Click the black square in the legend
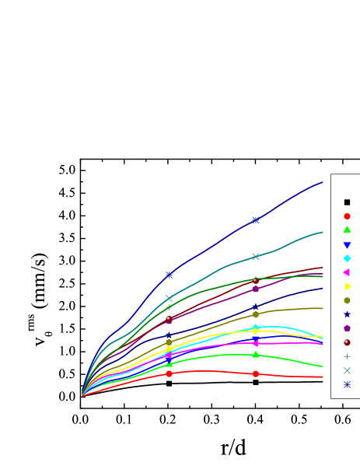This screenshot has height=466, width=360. pyautogui.click(x=347, y=202)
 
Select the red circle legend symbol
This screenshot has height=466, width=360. pyautogui.click(x=347, y=216)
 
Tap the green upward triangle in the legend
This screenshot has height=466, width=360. pyautogui.click(x=347, y=230)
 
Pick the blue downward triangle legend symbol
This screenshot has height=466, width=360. pyautogui.click(x=347, y=245)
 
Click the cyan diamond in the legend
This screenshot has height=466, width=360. pyautogui.click(x=347, y=258)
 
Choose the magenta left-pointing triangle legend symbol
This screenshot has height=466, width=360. pyautogui.click(x=347, y=272)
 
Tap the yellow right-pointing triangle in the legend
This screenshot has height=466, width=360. pyautogui.click(x=347, y=286)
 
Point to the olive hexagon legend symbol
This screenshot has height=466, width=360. pyautogui.click(x=347, y=300)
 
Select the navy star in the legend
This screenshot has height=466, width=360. pyautogui.click(x=347, y=314)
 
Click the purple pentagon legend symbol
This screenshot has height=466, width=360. pyautogui.click(x=347, y=328)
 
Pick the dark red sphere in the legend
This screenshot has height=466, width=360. pyautogui.click(x=347, y=342)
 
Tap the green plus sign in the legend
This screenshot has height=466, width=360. pyautogui.click(x=347, y=356)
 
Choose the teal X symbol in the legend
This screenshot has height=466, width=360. pyautogui.click(x=347, y=370)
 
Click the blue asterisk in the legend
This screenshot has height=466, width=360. pyautogui.click(x=347, y=384)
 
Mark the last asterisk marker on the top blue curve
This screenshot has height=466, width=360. pyautogui.click(x=255, y=220)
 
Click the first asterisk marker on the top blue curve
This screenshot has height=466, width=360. pyautogui.click(x=169, y=275)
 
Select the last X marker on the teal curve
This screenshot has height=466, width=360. pyautogui.click(x=255, y=256)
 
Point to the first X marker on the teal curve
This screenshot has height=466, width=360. pyautogui.click(x=169, y=298)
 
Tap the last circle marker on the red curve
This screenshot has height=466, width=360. pyautogui.click(x=255, y=374)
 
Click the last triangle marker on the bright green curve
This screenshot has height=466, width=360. pyautogui.click(x=255, y=355)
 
